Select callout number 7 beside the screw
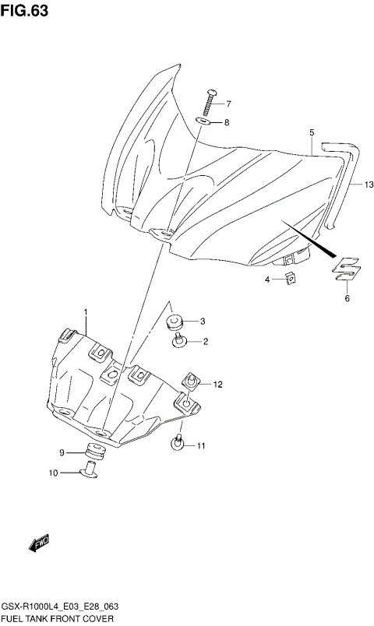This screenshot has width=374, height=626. [228, 104]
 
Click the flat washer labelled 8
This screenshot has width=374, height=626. [202, 121]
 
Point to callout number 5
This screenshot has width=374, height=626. [311, 133]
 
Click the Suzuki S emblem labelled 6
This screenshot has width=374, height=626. [347, 268]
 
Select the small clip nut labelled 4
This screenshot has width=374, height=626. [289, 279]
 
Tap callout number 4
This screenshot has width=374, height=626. [268, 280]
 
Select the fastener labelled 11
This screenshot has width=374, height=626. [178, 445]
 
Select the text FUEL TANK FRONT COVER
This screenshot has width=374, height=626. [58, 617]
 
